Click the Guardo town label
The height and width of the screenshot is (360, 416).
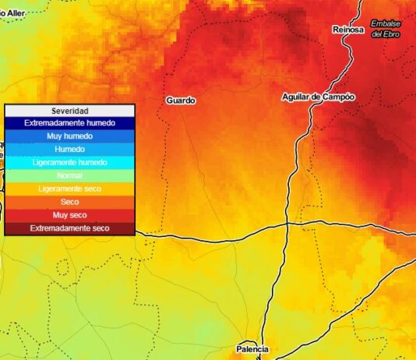click(x=181, y=101)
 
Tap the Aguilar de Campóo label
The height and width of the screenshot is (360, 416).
click(x=318, y=97)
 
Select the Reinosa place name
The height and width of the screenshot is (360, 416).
click(x=347, y=30)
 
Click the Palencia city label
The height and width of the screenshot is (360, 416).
click(x=252, y=348)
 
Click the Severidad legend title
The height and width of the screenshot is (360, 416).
click(x=69, y=111)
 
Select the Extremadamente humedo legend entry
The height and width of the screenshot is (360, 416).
click(x=69, y=123)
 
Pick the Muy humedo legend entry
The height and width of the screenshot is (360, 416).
click(x=69, y=136)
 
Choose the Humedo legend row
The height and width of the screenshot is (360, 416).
click(x=69, y=150)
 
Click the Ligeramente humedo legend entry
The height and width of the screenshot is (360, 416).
click(x=69, y=163)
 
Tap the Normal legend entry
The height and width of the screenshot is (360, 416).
click(x=69, y=176)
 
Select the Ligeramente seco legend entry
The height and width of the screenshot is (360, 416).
click(x=69, y=189)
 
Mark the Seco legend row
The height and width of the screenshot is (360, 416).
click(x=69, y=203)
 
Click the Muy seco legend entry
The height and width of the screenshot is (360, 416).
click(x=69, y=215)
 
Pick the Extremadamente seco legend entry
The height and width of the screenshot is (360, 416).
click(x=69, y=228)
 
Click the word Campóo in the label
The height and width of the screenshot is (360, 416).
click(x=338, y=97)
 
